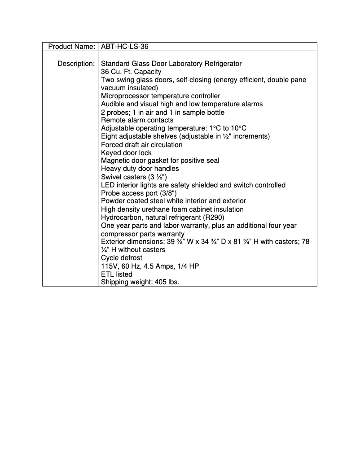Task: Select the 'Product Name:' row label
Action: (71, 47)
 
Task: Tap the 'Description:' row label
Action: (76, 64)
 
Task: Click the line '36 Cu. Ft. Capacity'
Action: (131, 72)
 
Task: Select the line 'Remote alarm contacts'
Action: (137, 120)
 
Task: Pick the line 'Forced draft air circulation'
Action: (141, 145)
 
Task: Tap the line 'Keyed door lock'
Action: (126, 153)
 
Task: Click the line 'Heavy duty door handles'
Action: (140, 169)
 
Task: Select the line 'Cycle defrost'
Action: (121, 258)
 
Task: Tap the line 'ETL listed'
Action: (116, 274)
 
